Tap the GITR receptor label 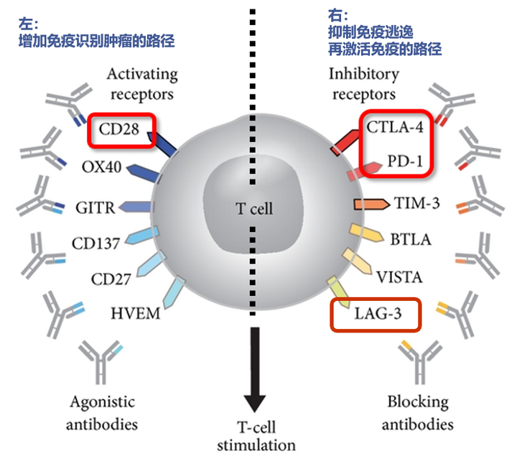coord(95,208)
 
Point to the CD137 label coord(96,243)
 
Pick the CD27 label coord(111,278)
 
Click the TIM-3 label coord(416,203)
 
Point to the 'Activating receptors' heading coord(141,83)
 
